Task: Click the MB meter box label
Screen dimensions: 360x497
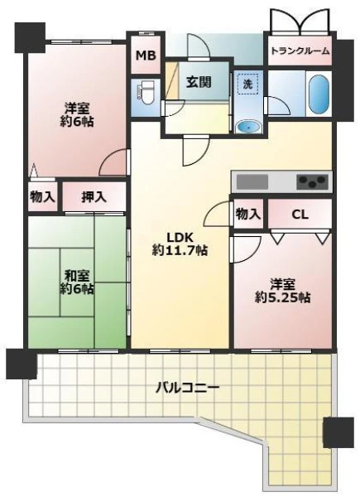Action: pyautogui.click(x=146, y=55)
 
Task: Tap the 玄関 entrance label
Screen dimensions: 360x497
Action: pyautogui.click(x=199, y=82)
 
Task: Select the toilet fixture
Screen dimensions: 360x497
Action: pyautogui.click(x=146, y=92)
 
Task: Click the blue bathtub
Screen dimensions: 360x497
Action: pyautogui.click(x=319, y=94)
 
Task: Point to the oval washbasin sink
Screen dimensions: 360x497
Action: pyautogui.click(x=249, y=127)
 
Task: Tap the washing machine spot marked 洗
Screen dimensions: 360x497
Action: pyautogui.click(x=248, y=83)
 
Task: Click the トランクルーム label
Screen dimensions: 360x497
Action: pyautogui.click(x=300, y=51)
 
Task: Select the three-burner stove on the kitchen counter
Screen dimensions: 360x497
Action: pyautogui.click(x=313, y=181)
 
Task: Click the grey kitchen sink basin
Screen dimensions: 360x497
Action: pyautogui.click(x=252, y=181)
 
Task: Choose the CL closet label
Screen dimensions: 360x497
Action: pyautogui.click(x=300, y=215)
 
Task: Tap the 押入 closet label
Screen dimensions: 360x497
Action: pyautogui.click(x=94, y=197)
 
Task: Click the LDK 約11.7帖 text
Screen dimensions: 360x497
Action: pyautogui.click(x=180, y=244)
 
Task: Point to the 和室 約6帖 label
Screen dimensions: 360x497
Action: pyautogui.click(x=76, y=282)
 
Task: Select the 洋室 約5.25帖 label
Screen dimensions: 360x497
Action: pyautogui.click(x=282, y=291)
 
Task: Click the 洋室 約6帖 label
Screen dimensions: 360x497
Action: pyautogui.click(x=77, y=115)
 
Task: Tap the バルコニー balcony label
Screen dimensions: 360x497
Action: pyautogui.click(x=187, y=388)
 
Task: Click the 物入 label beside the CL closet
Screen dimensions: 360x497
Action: pyautogui.click(x=248, y=215)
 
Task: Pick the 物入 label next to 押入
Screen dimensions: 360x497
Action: pyautogui.click(x=42, y=197)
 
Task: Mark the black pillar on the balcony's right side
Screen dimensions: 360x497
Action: pyautogui.click(x=338, y=432)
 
